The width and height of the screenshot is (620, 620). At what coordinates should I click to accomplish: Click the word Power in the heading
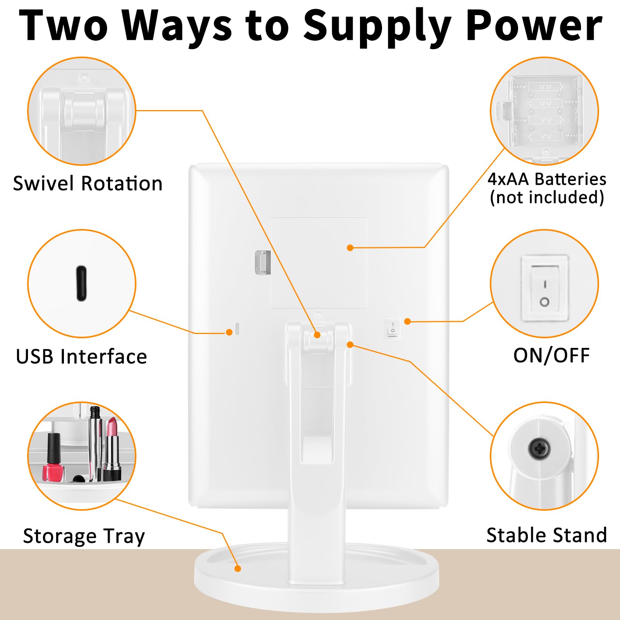tap(534, 26)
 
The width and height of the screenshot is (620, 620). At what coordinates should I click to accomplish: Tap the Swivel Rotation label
tap(88, 183)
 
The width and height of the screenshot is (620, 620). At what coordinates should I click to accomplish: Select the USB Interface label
tap(81, 356)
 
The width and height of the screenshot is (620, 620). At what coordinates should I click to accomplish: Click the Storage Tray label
tap(84, 536)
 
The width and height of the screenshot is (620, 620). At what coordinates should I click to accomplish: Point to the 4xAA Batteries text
tap(547, 179)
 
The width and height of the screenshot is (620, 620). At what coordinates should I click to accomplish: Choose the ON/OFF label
tap(551, 355)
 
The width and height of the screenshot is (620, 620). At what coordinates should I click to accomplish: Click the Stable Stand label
tap(546, 535)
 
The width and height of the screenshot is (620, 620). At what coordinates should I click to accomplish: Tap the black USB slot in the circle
tap(81, 283)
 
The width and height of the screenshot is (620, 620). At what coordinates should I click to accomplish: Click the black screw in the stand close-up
tap(539, 449)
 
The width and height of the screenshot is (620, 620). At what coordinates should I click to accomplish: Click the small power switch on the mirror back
tap(393, 328)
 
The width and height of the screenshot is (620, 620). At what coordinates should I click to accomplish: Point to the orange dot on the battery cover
tap(350, 248)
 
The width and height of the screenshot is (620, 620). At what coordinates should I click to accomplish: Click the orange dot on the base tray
tap(238, 568)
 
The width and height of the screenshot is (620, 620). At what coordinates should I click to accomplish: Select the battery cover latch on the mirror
tap(263, 262)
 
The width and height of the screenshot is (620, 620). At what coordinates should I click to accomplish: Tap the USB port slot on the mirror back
tap(237, 329)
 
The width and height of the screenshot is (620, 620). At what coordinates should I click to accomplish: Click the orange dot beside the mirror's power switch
tap(407, 321)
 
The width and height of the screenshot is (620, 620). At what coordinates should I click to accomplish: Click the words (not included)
tap(547, 197)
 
